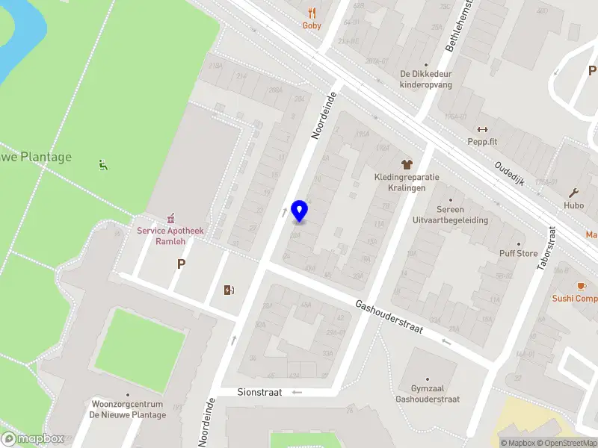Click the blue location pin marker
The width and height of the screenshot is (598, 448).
pyautogui.click(x=300, y=211)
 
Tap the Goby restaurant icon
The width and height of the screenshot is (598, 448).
pyautogui.click(x=312, y=13)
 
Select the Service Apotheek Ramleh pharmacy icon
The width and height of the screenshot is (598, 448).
pyautogui.click(x=170, y=218)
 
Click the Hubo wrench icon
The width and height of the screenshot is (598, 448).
pyautogui.click(x=573, y=193)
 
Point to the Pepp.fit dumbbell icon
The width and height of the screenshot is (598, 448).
pyautogui.click(x=482, y=129)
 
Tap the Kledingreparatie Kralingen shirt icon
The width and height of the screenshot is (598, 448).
pyautogui.click(x=407, y=164)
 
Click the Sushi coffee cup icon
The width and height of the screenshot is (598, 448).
pyautogui.click(x=581, y=286)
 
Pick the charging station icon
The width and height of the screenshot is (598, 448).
pyautogui.click(x=229, y=290)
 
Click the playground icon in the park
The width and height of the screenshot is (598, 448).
pyautogui.click(x=103, y=165)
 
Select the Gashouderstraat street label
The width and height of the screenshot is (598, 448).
pyautogui.click(x=389, y=317)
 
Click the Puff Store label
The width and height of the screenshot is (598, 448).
pyautogui.click(x=518, y=253)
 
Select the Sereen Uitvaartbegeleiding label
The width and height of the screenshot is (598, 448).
pyautogui.click(x=450, y=215)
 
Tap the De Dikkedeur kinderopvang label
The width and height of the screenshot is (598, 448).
pyautogui.click(x=426, y=78)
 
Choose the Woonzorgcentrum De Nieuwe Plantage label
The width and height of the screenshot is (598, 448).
pyautogui.click(x=128, y=409)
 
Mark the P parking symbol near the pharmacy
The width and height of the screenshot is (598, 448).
pyautogui.click(x=180, y=264)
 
